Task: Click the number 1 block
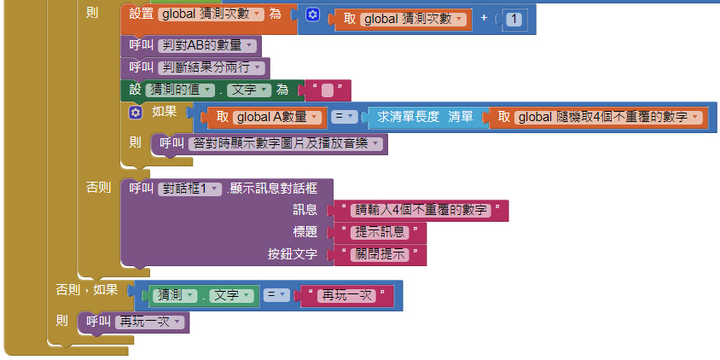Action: click(x=514, y=18)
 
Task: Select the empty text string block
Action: click(x=328, y=90)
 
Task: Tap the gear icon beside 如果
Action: click(x=135, y=112)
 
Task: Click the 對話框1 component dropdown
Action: click(x=190, y=189)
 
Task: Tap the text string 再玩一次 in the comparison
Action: click(x=345, y=296)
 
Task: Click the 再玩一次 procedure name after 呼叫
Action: click(x=148, y=322)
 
